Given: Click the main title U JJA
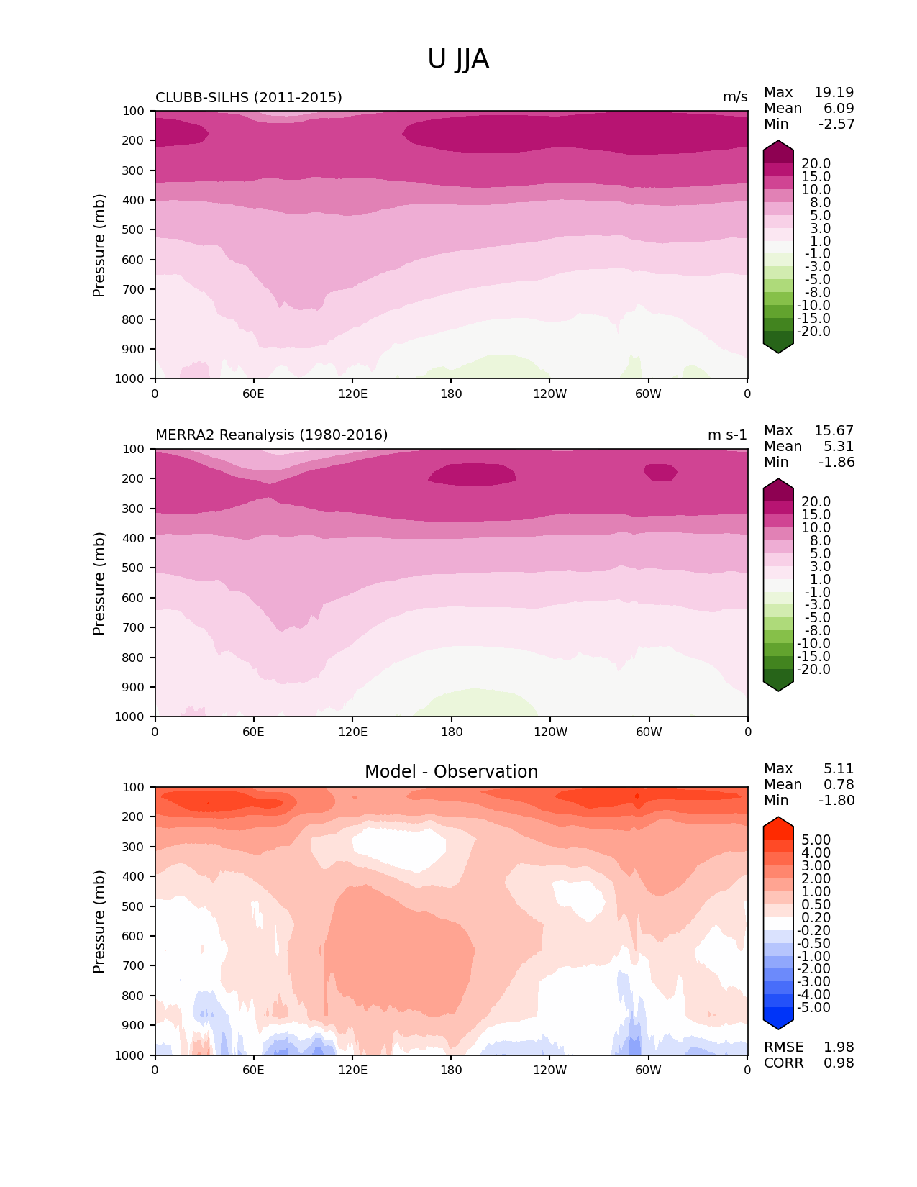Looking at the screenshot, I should point(458,59).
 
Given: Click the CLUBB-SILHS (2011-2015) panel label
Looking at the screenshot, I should point(249,97).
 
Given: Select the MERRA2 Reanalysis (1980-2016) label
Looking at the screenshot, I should point(271,435).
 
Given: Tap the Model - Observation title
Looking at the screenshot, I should point(451,772).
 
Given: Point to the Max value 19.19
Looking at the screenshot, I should point(834,93).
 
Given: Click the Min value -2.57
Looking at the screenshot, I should point(836,124).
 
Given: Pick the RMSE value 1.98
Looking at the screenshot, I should point(839,1047).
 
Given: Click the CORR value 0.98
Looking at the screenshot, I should point(839,1063).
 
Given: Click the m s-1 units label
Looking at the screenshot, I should point(727,435).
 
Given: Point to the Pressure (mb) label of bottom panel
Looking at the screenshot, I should point(99,922).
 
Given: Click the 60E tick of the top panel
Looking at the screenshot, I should point(253,394).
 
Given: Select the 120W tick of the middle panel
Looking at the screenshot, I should point(550,732).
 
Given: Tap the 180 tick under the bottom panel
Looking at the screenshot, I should point(451,1070).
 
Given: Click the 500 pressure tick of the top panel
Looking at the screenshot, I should point(134,230).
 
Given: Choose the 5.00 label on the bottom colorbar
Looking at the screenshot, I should point(816,840).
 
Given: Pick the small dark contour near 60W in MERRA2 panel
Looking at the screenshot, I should point(660,472).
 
